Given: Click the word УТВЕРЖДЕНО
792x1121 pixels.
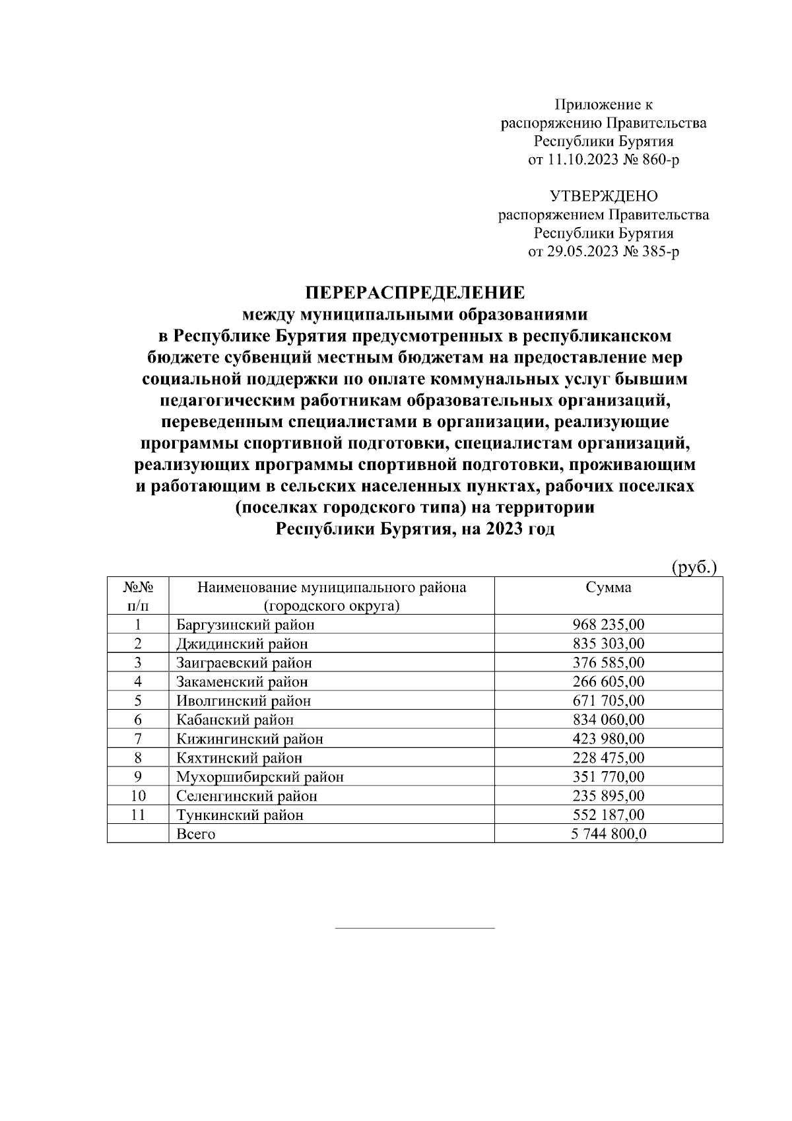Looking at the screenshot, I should [x=603, y=196].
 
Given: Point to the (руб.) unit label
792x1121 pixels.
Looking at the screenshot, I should [x=694, y=567].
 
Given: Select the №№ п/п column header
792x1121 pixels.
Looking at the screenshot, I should [x=138, y=596].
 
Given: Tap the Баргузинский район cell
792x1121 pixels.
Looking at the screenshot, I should [x=245, y=625].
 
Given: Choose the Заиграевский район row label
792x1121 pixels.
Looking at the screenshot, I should [x=244, y=663].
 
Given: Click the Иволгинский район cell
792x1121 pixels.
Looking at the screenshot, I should [x=243, y=701].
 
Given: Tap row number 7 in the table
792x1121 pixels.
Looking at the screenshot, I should [x=138, y=739].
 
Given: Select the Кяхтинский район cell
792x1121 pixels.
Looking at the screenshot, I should [x=239, y=758].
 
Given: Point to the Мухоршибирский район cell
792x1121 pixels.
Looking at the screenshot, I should [x=259, y=777].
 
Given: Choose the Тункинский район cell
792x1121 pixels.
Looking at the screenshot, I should [x=240, y=815].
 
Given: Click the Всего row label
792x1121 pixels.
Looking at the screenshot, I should [x=196, y=834].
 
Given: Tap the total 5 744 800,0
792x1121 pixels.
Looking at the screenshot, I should [x=608, y=834].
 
